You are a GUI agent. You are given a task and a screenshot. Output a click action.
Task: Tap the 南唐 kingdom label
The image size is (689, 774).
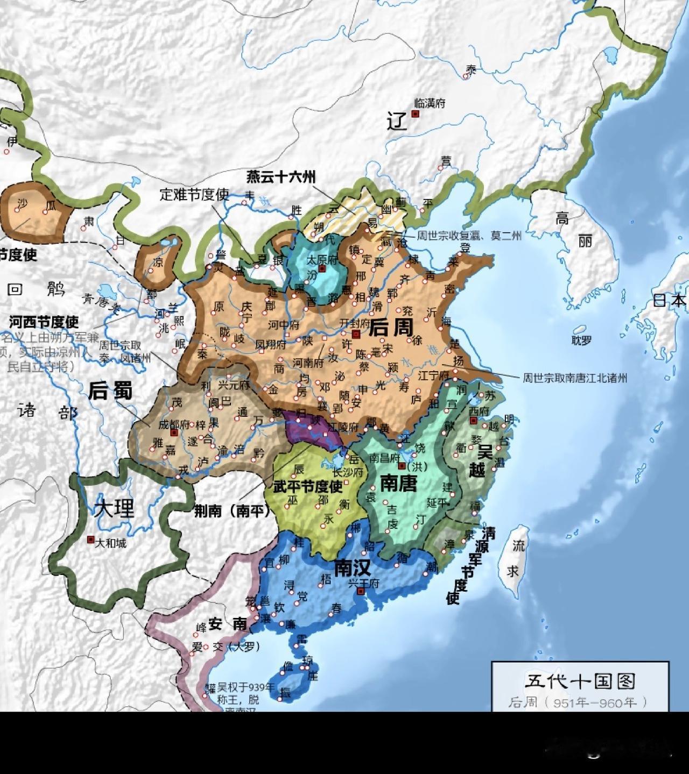399,483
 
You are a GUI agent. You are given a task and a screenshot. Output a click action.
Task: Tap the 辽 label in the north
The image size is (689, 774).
397,122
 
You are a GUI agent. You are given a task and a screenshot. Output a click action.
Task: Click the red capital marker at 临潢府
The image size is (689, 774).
415,114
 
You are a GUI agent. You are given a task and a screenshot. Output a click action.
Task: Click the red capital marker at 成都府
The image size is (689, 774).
173,432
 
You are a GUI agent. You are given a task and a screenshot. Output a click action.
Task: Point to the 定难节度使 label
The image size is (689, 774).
194,194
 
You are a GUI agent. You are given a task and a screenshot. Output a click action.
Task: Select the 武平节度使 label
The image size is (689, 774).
308,487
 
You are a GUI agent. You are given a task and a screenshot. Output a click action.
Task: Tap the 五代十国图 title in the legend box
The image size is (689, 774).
580,681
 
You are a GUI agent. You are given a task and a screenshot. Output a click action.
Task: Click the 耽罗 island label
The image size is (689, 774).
582,340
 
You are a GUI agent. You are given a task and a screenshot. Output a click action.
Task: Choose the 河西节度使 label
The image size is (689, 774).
44,322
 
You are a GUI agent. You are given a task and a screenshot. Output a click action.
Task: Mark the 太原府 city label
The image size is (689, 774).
321,259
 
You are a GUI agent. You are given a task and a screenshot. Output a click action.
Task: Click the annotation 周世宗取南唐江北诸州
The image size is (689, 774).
574,378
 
